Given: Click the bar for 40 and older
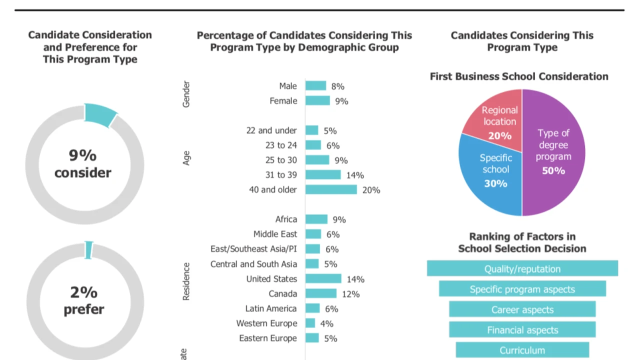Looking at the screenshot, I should click(331, 189).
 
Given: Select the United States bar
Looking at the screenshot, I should click(323, 278).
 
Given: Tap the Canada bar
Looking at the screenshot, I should click(321, 293).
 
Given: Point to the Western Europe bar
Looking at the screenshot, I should click(310, 323).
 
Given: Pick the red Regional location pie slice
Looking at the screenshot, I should click(495, 117).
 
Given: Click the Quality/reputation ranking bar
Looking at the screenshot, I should click(522, 268).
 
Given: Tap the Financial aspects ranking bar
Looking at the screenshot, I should click(522, 329).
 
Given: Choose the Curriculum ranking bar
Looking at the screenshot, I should click(522, 350).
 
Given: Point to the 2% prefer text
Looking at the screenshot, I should click(83, 300).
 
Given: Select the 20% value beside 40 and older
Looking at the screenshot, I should click(371, 190).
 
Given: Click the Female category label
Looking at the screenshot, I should click(283, 101).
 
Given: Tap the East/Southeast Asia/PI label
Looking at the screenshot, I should click(253, 249).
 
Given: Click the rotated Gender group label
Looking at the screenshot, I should click(186, 94).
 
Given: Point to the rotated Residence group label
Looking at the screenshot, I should click(186, 281).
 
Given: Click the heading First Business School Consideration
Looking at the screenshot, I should click(519, 76).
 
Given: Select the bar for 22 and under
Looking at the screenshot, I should click(312, 130).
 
